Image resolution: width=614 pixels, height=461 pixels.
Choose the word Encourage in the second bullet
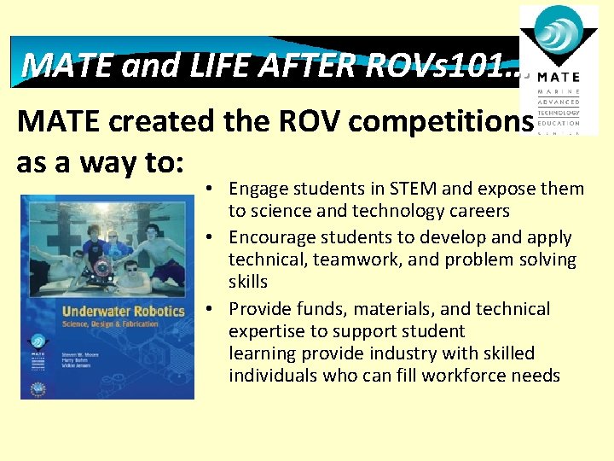coord(271,237)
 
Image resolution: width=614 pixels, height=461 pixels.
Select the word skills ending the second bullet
coord(248,282)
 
